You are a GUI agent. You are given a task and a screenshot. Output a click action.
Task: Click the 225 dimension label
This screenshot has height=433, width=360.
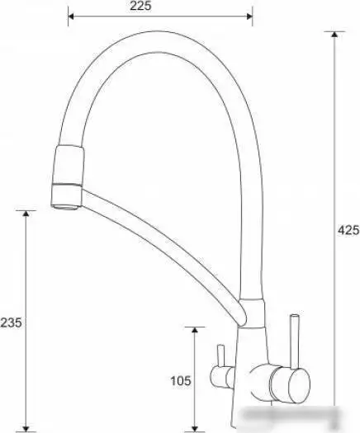coord(140,6)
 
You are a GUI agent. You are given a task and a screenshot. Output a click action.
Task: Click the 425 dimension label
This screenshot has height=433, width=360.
coord(348,230)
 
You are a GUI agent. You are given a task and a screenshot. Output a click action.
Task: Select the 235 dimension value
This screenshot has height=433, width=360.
coord(11,322)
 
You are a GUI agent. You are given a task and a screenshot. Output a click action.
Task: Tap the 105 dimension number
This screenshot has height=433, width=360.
coord(181,381)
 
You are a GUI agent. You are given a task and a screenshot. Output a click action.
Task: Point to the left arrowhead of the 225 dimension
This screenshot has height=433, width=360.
coord(71,16)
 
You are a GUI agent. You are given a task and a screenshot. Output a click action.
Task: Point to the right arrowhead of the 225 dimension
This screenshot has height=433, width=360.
coord(249,16)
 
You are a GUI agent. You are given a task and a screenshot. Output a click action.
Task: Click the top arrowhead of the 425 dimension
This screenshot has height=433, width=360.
coord(334,34)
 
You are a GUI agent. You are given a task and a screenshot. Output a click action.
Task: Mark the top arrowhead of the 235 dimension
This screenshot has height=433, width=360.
coord(26,213)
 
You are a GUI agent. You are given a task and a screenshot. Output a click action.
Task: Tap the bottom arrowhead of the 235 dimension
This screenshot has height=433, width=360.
coord(26,428)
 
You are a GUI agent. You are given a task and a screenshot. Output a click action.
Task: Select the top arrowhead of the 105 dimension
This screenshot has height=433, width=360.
coord(195,330)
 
